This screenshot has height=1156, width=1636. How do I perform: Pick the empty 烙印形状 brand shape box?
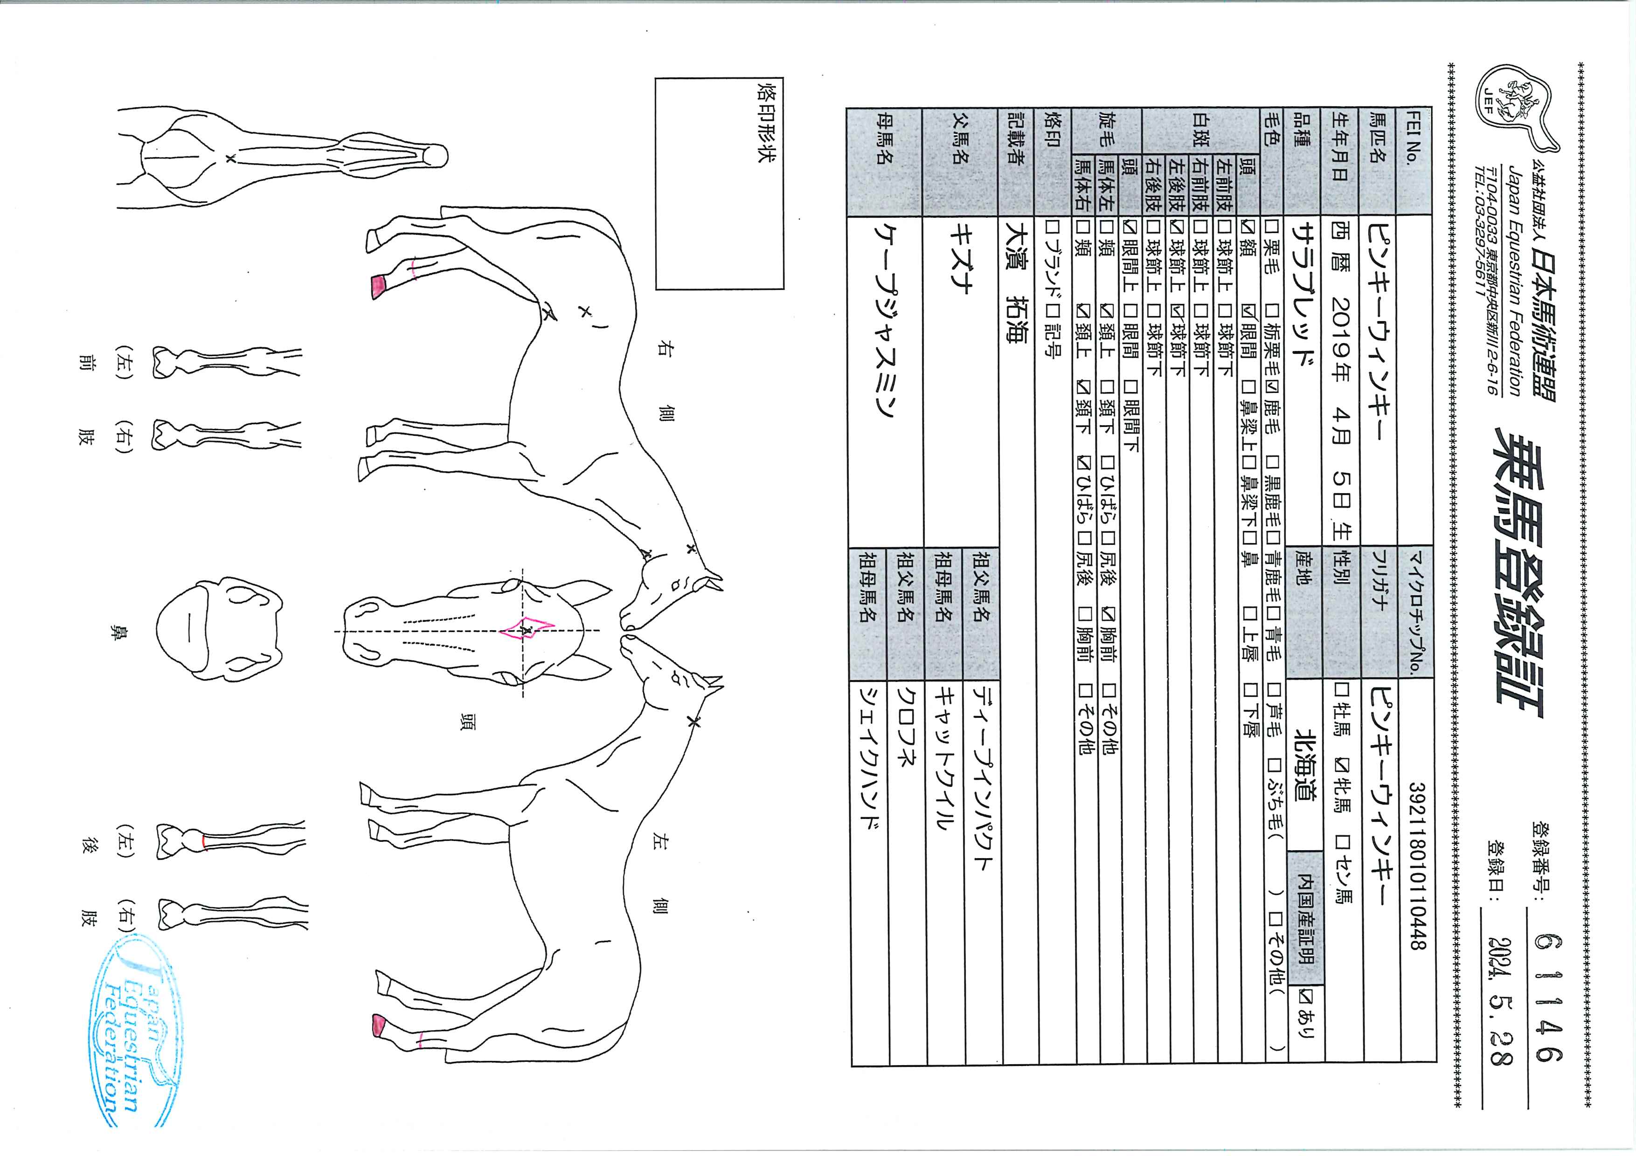pos(719,183)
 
